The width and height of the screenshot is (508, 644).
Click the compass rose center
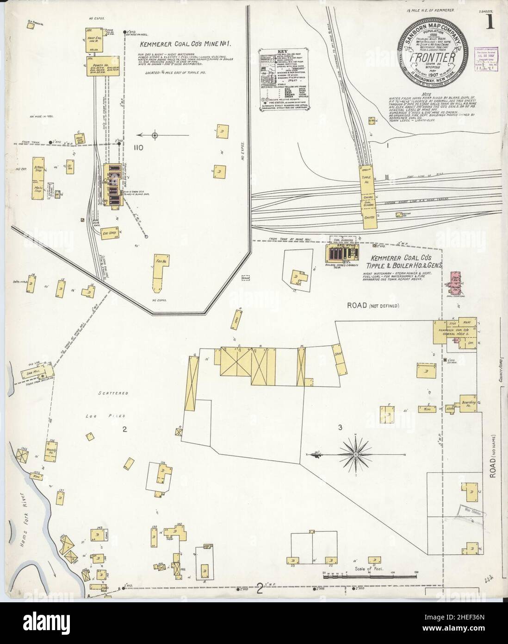click(x=355, y=455)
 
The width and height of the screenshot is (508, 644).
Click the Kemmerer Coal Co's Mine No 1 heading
click(x=185, y=45)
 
